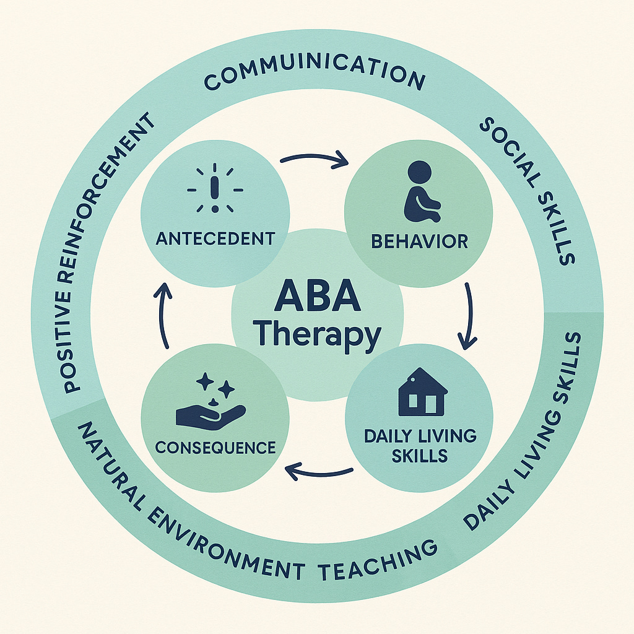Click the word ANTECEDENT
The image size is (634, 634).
point(215,238)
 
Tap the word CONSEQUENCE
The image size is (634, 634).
point(215,448)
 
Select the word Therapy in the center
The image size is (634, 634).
point(317,334)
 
